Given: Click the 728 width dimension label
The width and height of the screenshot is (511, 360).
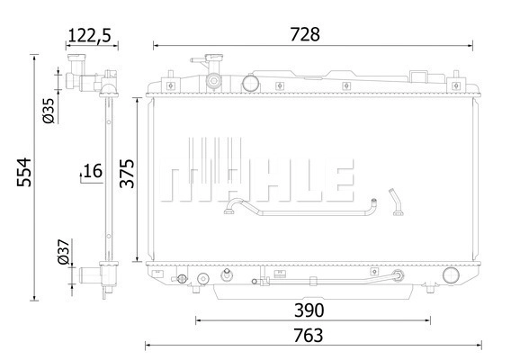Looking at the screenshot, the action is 305,34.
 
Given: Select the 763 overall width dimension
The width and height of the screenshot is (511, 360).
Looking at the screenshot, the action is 309,336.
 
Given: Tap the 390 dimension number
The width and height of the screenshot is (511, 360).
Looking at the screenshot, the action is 309,310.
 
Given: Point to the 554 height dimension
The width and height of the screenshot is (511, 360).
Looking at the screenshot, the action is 24,173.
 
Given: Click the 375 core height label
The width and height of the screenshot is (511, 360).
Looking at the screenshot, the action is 127,174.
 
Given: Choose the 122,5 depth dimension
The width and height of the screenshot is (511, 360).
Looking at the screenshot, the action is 90,35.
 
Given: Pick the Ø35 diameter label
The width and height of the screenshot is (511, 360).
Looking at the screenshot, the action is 49,111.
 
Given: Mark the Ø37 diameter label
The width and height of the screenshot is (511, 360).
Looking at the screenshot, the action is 64,251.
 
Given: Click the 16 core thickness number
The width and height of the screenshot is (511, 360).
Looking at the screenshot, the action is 93,171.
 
